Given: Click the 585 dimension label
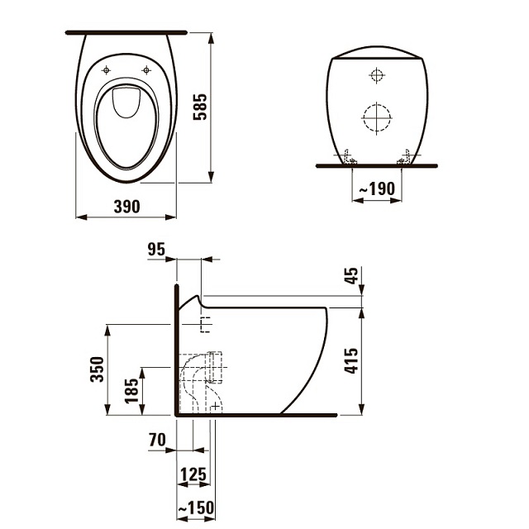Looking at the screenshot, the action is pos(200,107).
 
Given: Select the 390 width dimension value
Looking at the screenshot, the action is pos(126,207).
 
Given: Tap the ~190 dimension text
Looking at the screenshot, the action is pos(377,188).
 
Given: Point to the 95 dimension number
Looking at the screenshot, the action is pos(156,250).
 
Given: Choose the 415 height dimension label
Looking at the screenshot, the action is pos(350,360).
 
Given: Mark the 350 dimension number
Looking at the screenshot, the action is pos(98,369).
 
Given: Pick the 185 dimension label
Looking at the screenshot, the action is pos(131,391).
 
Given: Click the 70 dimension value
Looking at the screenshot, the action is pos(157,440).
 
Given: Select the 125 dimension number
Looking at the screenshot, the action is pos(193,474).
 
